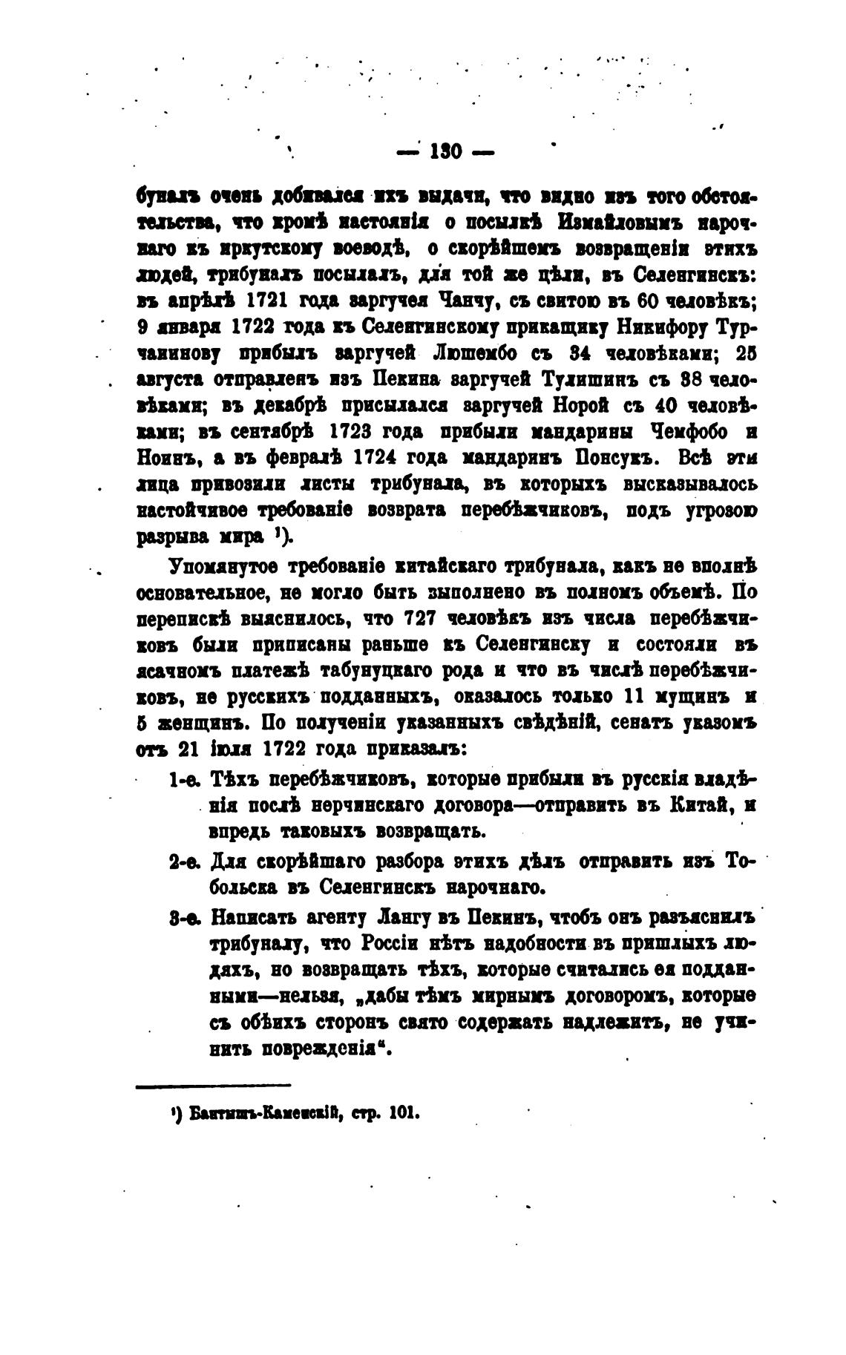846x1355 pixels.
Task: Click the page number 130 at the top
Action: coord(445,153)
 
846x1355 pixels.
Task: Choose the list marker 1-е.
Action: coord(181,778)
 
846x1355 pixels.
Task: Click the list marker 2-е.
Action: coord(183,862)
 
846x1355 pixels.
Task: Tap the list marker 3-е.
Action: coord(183,917)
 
